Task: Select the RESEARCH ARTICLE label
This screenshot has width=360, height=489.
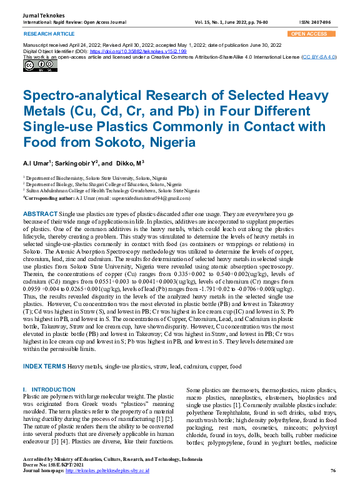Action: (47, 34)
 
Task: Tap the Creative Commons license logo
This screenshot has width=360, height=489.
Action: (31, 66)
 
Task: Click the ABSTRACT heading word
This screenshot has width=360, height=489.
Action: (40, 214)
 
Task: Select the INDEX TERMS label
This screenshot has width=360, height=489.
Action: (44, 366)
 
